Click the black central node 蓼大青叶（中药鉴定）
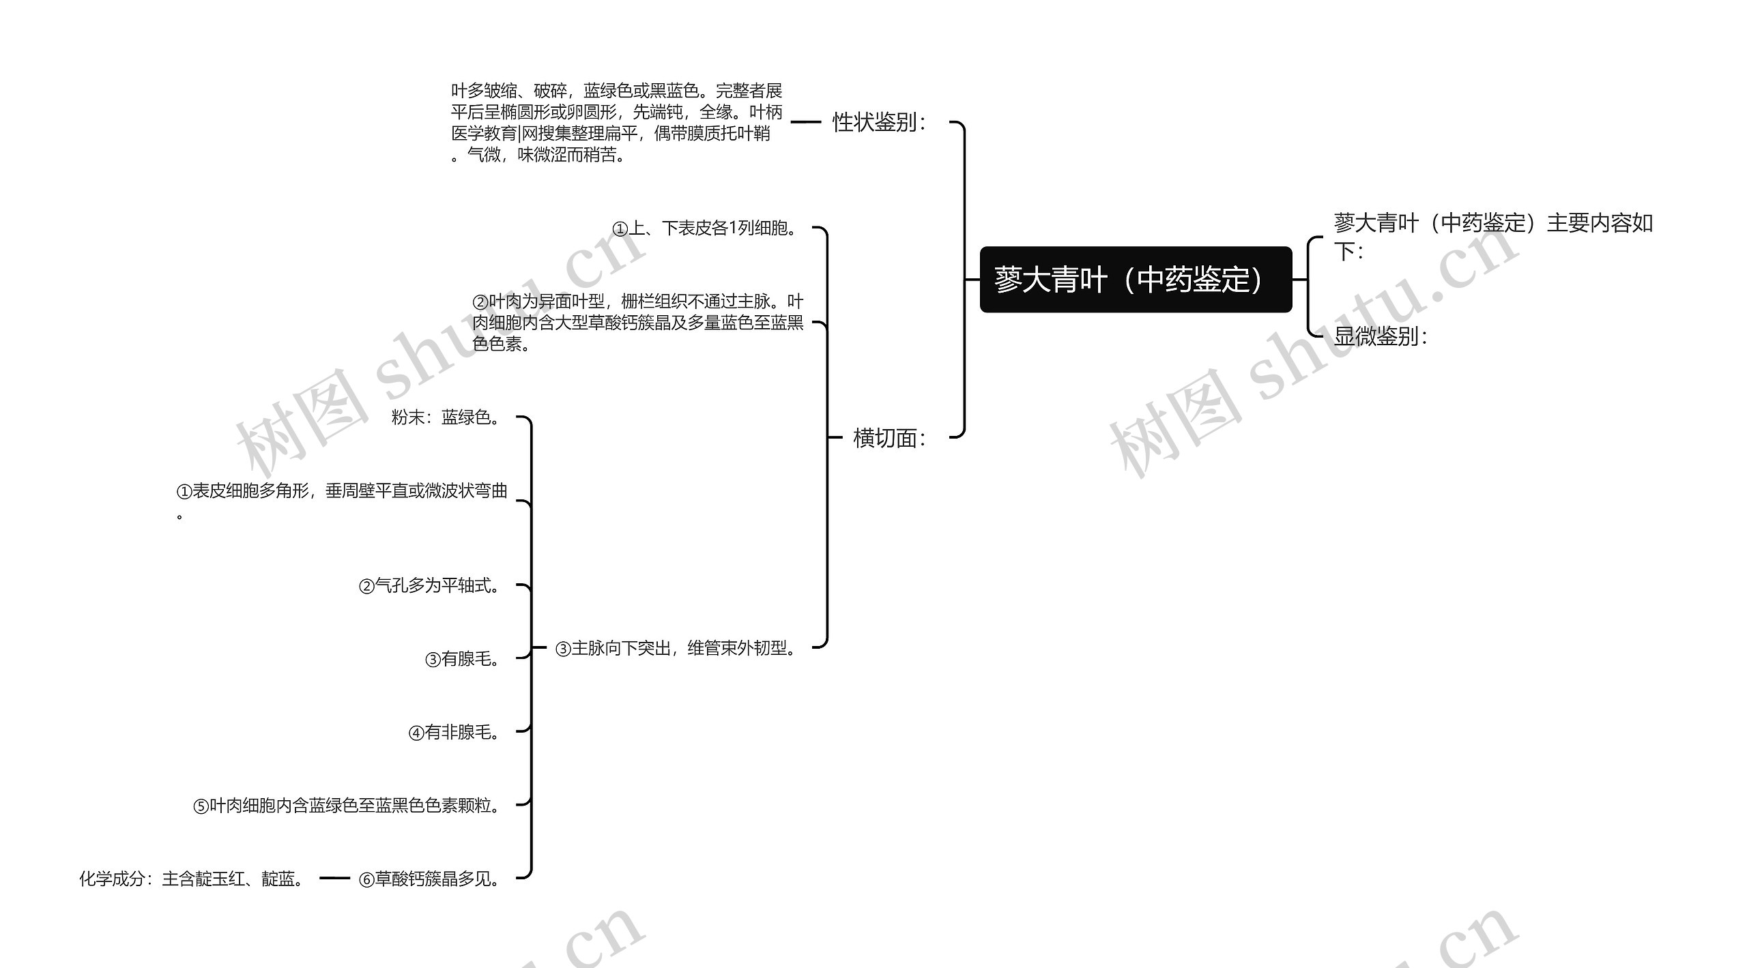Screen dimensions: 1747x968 [x=1136, y=280]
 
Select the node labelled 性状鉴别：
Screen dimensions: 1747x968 [x=879, y=123]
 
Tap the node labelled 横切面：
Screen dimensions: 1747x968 [x=889, y=438]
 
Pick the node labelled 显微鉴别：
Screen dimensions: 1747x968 [x=1380, y=336]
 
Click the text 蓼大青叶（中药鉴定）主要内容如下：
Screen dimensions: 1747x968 [x=1492, y=236]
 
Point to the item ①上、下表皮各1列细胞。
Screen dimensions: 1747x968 [x=706, y=229]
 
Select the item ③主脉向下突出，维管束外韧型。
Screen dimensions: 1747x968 [x=676, y=648]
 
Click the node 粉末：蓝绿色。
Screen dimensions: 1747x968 [x=447, y=417]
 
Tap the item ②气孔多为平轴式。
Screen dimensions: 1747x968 [x=430, y=585]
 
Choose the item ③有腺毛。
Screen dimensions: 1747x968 [x=463, y=659]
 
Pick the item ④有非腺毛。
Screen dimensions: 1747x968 [x=454, y=733]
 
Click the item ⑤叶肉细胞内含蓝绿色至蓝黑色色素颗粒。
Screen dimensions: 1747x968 [x=347, y=806]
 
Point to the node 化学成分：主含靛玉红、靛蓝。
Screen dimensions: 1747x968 [x=192, y=879]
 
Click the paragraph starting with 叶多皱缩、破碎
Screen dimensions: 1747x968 [x=616, y=123]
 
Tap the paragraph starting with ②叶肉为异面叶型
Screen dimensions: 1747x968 [x=638, y=322]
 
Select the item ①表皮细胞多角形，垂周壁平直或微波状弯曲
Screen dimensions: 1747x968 [x=341, y=493]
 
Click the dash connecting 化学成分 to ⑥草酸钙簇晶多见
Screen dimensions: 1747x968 [x=334, y=879]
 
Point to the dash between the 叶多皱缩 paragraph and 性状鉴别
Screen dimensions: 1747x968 [x=805, y=123]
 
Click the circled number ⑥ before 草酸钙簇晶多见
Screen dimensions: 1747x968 [x=366, y=880]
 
